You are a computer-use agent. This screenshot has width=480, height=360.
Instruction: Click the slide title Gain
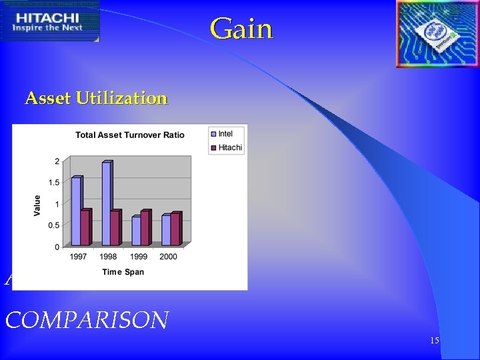(x=241, y=29)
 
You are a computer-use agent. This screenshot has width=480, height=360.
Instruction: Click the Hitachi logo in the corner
(x=50, y=21)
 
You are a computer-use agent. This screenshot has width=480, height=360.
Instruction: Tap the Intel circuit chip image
(x=437, y=33)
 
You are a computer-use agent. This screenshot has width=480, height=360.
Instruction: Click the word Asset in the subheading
(x=48, y=99)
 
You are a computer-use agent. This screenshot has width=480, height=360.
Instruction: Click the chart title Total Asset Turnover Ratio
(x=130, y=135)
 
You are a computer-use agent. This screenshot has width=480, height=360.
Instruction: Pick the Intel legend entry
(x=225, y=134)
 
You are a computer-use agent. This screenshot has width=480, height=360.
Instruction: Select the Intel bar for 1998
(x=106, y=203)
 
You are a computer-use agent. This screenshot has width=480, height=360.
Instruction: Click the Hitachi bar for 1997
(x=85, y=227)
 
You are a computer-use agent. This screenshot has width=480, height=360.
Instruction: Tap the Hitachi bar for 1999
(x=145, y=228)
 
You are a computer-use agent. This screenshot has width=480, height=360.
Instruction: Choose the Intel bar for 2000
(x=166, y=229)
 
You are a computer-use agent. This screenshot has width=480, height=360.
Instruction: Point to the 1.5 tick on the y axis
(x=53, y=183)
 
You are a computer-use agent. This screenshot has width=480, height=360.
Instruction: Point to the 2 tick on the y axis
(x=57, y=161)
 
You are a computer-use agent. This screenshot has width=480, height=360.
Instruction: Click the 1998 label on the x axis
(x=108, y=257)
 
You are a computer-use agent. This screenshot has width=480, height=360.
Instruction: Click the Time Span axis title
(x=123, y=272)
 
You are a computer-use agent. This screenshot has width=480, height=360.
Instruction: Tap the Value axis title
(x=37, y=205)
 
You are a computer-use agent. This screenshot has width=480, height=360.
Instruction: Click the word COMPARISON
(x=87, y=320)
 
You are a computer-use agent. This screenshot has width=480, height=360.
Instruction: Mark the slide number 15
(x=434, y=341)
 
